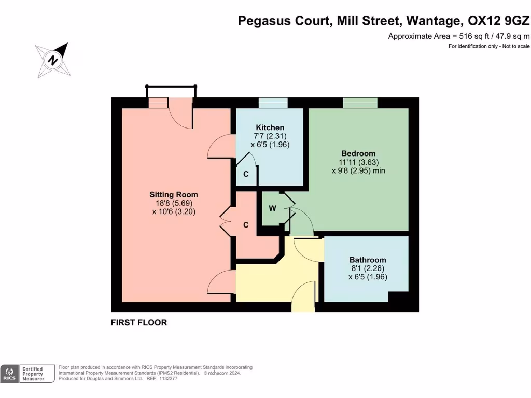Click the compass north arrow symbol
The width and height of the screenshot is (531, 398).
click(x=52, y=60)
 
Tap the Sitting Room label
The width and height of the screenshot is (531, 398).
click(x=174, y=195)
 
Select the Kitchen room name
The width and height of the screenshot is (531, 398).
click(x=270, y=127)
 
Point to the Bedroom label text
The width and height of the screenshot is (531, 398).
click(x=358, y=153)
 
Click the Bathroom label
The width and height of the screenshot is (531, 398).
click(x=368, y=260)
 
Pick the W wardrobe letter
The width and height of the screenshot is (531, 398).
click(x=272, y=208)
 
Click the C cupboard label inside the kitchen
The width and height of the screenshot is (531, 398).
click(x=246, y=175)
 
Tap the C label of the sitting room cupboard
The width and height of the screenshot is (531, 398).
click(x=246, y=225)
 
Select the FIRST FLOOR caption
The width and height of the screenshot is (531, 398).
click(x=139, y=322)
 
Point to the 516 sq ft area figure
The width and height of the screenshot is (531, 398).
click(x=471, y=36)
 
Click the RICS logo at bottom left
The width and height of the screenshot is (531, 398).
click(x=9, y=374)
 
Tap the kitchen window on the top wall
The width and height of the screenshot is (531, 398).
click(x=273, y=103)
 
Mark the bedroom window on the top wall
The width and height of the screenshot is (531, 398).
click(x=360, y=103)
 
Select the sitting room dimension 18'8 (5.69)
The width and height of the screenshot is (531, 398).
click(x=174, y=203)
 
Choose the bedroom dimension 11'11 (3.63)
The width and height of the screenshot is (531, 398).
click(x=358, y=162)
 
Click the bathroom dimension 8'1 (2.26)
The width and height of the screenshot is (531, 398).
click(x=368, y=268)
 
